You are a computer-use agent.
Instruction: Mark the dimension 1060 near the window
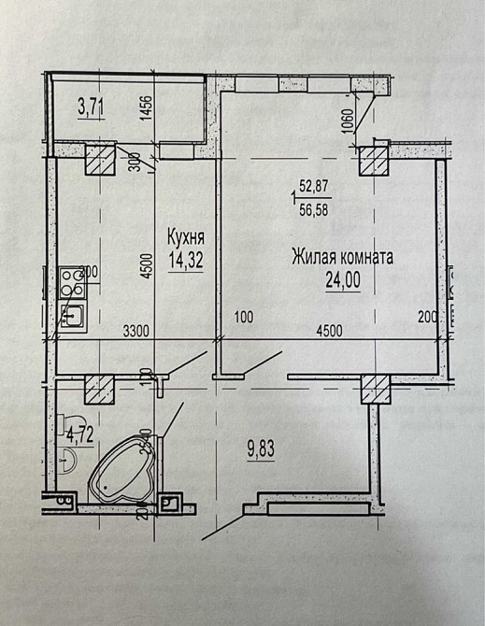348,125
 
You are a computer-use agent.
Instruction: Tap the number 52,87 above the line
314,187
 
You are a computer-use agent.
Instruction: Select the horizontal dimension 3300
138,330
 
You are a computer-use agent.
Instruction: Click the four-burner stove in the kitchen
71,279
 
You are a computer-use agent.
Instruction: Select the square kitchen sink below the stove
72,316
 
